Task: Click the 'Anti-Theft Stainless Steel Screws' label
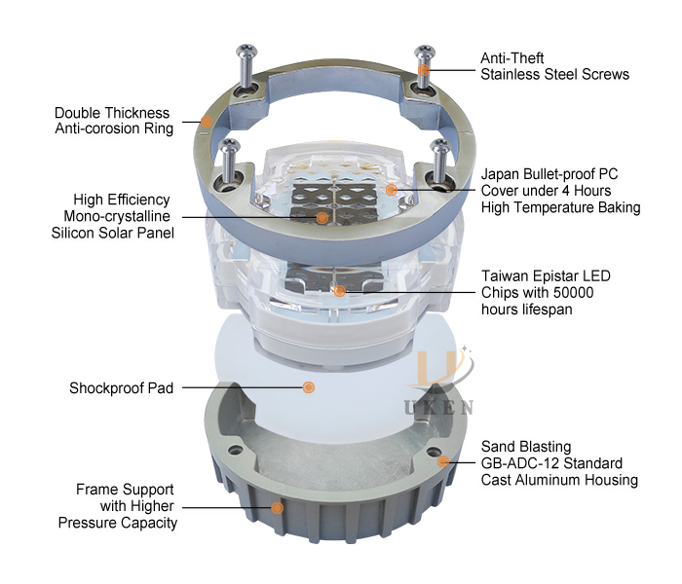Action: tap(554, 65)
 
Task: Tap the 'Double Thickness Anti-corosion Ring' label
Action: tap(112, 121)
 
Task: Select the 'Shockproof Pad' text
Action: tap(121, 388)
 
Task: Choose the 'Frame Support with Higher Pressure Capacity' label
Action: tap(127, 506)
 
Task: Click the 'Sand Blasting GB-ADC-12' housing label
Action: tap(558, 463)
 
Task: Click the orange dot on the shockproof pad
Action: tap(309, 387)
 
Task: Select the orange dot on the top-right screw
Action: tap(425, 70)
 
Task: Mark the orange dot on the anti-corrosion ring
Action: tap(206, 122)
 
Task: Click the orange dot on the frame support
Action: tap(278, 506)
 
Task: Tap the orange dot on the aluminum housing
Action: tap(443, 460)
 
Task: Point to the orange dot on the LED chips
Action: tap(340, 290)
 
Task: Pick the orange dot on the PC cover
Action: tap(391, 187)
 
